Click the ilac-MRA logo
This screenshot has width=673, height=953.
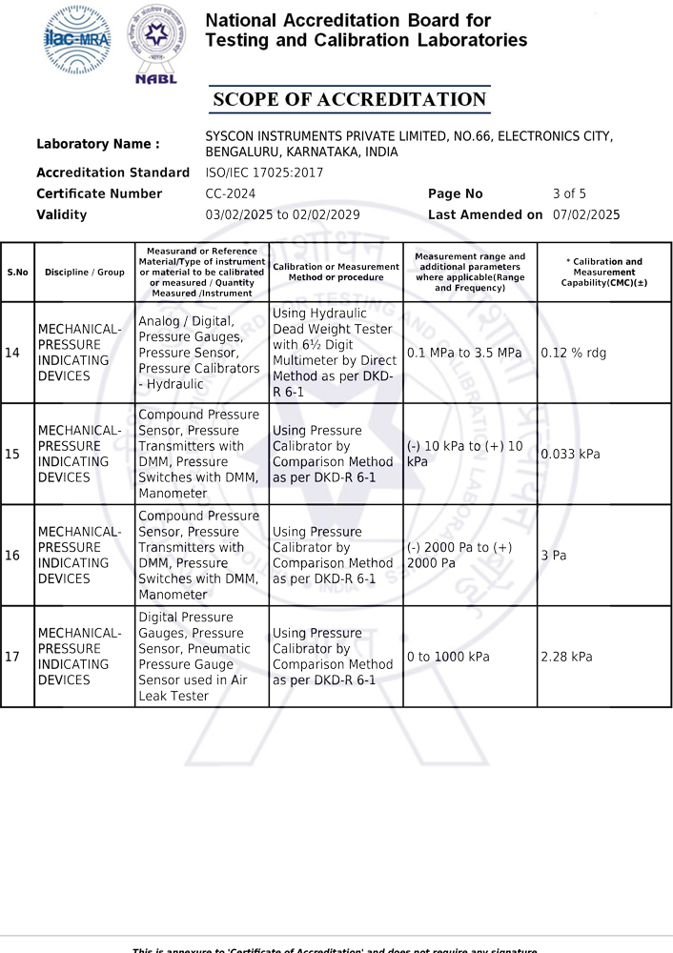tap(77, 40)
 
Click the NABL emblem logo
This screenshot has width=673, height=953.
tap(153, 44)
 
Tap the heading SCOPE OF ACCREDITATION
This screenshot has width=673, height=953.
tap(349, 100)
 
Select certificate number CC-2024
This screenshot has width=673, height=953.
tap(231, 193)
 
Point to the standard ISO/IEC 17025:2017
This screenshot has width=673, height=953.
tap(264, 172)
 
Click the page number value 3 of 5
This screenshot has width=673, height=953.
tap(569, 193)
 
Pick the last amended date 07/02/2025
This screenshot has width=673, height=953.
tap(586, 214)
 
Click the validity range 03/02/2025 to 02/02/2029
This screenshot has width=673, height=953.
tap(282, 214)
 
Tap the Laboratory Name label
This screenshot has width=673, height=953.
tap(97, 144)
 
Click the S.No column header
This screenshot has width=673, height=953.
tap(17, 272)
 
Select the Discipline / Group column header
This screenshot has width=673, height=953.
tap(84, 272)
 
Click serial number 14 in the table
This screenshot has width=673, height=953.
tap(12, 353)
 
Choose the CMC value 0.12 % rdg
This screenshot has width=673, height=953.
tap(573, 353)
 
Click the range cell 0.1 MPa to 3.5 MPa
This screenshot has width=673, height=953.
tap(464, 353)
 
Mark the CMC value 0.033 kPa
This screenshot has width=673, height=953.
tap(570, 454)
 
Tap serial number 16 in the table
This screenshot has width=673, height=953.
tap(12, 555)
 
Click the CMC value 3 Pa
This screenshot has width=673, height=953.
tap(553, 555)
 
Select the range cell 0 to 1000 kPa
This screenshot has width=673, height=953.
tap(448, 657)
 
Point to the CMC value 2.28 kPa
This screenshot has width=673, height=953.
tap(566, 657)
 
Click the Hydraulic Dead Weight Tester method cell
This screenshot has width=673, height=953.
tap(335, 352)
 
